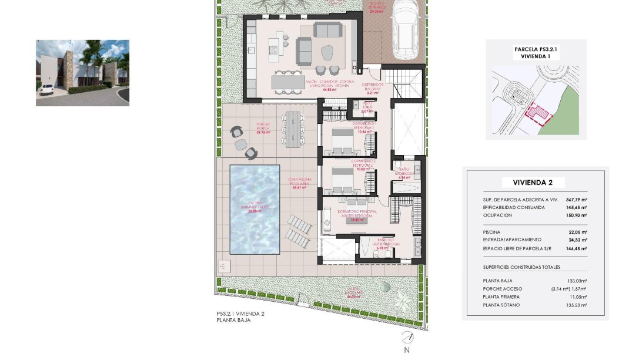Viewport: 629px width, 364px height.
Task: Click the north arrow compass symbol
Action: pyautogui.click(x=407, y=338)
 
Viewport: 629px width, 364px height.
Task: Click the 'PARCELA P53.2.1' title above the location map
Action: pyautogui.click(x=535, y=50)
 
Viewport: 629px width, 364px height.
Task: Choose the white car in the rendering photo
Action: pyautogui.click(x=46, y=89)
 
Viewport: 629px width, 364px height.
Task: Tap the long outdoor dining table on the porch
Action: pyautogui.click(x=292, y=129)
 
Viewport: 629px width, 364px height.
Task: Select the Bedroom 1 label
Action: pyautogui.click(x=363, y=127)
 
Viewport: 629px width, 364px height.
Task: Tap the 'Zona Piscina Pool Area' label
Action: pyautogui.click(x=299, y=184)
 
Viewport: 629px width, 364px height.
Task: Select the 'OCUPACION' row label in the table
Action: pyautogui.click(x=497, y=215)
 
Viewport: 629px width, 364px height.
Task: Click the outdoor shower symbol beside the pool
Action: pyautogui.click(x=224, y=266)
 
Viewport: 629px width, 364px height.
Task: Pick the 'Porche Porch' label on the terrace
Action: pyautogui.click(x=263, y=128)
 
